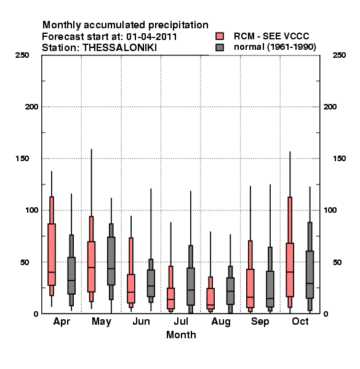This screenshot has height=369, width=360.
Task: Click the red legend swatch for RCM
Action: [x=220, y=36]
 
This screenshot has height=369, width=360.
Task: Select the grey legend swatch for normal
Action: [x=220, y=47]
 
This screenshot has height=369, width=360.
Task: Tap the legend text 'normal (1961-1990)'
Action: [x=275, y=47]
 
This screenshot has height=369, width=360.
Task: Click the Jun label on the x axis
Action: [x=141, y=322]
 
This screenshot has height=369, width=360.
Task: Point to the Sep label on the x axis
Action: [x=260, y=322]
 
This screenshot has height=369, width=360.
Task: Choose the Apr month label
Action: [x=62, y=322]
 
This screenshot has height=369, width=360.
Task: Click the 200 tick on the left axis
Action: [x=31, y=107]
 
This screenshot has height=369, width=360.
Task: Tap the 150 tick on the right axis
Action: [x=340, y=159]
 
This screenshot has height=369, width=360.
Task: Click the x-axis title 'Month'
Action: [x=181, y=335]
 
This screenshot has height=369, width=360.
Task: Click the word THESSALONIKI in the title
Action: [x=119, y=48]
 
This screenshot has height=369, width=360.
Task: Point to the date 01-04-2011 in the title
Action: [x=151, y=36]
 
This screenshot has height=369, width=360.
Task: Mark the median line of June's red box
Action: [x=131, y=292]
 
